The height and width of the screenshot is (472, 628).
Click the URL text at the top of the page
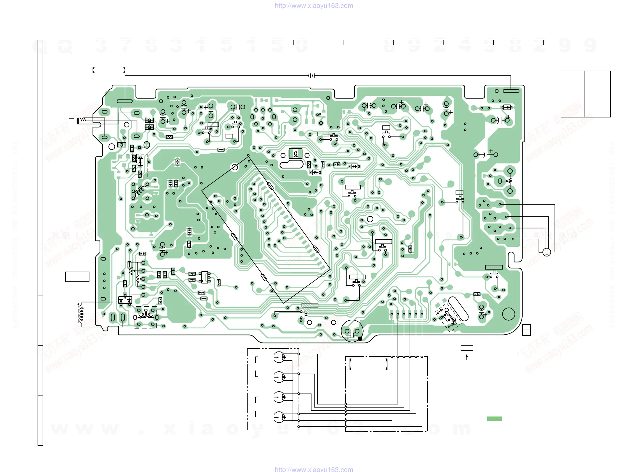(x=314, y=6)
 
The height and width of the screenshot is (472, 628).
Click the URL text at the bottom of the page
(x=314, y=469)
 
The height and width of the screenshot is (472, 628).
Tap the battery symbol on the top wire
(x=311, y=75)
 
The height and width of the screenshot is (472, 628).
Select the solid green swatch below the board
(x=494, y=418)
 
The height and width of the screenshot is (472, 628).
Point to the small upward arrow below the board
(x=467, y=357)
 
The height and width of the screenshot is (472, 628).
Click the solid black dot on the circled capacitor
(x=360, y=339)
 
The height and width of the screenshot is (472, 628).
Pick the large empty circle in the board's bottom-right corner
(x=509, y=314)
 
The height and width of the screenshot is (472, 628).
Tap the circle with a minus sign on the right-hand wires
(x=546, y=252)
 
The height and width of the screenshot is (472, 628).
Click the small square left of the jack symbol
(x=71, y=121)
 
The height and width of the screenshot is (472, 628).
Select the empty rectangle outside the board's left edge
(x=77, y=277)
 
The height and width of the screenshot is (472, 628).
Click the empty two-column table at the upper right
(x=585, y=94)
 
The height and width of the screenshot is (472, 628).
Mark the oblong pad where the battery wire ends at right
(x=511, y=91)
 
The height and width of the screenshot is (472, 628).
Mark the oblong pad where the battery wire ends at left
(x=125, y=101)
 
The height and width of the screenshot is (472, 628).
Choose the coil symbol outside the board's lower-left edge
(x=81, y=313)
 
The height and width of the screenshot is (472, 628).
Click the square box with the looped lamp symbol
(x=295, y=154)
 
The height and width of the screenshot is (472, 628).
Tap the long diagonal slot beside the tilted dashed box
(x=458, y=309)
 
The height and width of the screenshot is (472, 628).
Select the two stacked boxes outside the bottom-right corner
(x=526, y=330)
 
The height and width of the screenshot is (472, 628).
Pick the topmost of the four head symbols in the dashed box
(x=279, y=357)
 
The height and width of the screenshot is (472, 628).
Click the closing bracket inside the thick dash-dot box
(x=386, y=364)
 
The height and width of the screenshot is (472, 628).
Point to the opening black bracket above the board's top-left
(x=93, y=70)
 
